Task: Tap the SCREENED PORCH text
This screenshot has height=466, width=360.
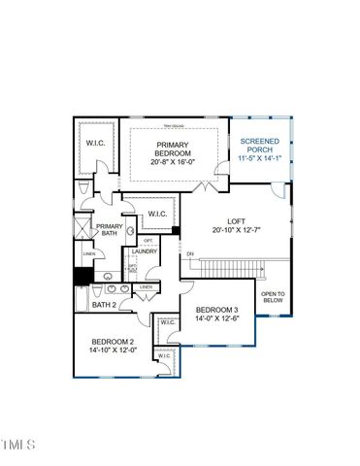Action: tap(259, 146)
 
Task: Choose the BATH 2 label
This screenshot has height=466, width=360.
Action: tap(104, 305)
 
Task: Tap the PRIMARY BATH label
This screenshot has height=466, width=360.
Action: tap(109, 230)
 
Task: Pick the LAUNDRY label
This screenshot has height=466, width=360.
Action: tap(145, 251)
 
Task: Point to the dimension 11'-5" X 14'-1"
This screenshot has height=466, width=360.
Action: tap(259, 159)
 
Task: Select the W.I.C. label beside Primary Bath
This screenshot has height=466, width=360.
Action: tap(159, 214)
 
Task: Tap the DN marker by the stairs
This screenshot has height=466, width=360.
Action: tap(190, 254)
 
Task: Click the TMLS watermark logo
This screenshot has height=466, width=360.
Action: tap(17, 445)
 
